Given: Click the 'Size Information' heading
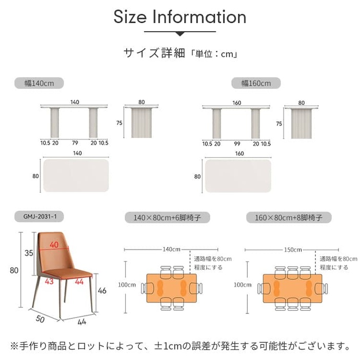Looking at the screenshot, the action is pyautogui.click(x=180, y=17).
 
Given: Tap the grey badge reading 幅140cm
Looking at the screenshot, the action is pyautogui.click(x=39, y=83).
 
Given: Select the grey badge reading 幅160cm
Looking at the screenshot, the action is pyautogui.click(x=256, y=83).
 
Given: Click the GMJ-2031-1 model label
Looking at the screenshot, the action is pyautogui.click(x=39, y=216).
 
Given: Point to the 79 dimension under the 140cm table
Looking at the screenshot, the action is pyautogui.click(x=75, y=143).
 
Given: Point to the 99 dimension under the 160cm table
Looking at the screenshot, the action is pyautogui.click(x=237, y=144).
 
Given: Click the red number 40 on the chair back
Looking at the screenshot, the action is pyautogui.click(x=54, y=245).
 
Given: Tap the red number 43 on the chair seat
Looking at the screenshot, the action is pyautogui.click(x=49, y=281).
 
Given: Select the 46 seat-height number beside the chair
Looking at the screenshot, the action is pyautogui.click(x=102, y=291).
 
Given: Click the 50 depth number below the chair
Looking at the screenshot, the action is pyautogui.click(x=40, y=319).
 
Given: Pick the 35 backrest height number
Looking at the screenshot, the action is pyautogui.click(x=29, y=253).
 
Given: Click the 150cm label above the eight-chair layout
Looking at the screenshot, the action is pyautogui.click(x=293, y=250).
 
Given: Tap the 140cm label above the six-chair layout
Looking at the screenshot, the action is pyautogui.click(x=171, y=249).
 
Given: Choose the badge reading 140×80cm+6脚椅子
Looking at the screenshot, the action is pyautogui.click(x=167, y=217).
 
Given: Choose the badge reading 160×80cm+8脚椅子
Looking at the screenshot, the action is pyautogui.click(x=289, y=217).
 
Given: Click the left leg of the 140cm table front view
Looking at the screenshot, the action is pyautogui.click(x=55, y=123).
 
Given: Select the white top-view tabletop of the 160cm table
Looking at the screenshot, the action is pyautogui.click(x=238, y=176).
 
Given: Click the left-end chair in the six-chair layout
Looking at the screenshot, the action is pyautogui.click(x=148, y=288).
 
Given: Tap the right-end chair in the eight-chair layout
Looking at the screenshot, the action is pyautogui.click(x=321, y=289).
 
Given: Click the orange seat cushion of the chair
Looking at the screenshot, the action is pyautogui.click(x=68, y=274).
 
